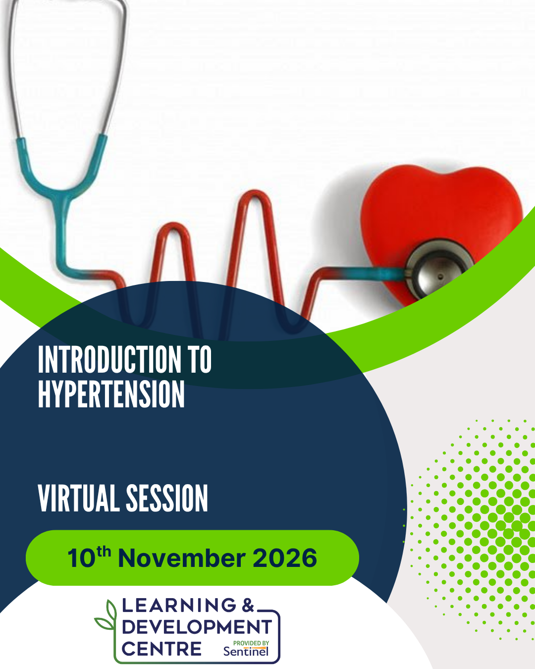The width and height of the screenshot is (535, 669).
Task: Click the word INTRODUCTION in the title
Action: [109, 359]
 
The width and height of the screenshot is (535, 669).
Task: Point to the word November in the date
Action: [182, 558]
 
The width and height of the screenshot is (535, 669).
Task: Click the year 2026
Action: [285, 558]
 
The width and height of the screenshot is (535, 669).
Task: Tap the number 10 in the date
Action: [81, 558]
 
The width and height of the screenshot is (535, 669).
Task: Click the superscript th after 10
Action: [104, 552]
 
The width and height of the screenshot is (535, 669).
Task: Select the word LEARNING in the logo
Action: [179, 606]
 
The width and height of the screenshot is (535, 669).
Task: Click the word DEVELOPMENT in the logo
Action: [197, 627]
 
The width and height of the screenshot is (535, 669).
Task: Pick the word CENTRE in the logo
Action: [161, 649]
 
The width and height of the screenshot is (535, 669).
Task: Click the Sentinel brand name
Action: [246, 652]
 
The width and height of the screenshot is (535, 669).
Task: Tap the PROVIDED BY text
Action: [251, 643]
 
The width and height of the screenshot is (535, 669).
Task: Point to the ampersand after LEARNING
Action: [248, 606]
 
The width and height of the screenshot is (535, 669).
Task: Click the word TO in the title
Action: [201, 359]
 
